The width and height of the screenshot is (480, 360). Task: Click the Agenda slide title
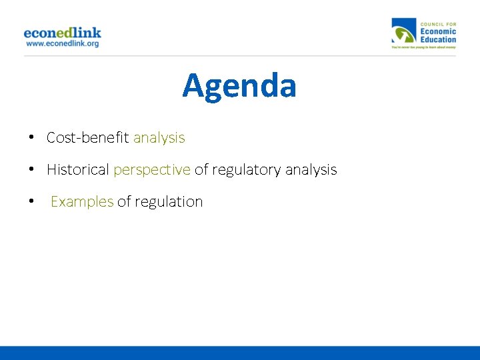click(x=239, y=86)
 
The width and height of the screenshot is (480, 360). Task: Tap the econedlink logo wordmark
click(x=62, y=33)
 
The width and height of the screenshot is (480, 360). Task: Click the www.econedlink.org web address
click(x=62, y=44)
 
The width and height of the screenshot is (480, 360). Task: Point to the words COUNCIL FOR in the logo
click(x=438, y=24)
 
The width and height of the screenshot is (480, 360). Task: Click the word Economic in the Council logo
click(x=438, y=31)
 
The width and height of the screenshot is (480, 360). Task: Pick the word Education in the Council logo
click(x=438, y=39)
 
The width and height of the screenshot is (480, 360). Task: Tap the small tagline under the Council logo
click(x=423, y=48)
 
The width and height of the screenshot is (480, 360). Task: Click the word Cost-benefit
click(x=88, y=138)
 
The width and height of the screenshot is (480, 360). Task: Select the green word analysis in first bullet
click(x=159, y=138)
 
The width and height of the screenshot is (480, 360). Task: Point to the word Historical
click(x=77, y=170)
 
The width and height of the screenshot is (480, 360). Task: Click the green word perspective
click(x=152, y=171)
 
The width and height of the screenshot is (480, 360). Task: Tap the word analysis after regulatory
click(x=311, y=171)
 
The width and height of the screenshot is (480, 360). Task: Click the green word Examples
click(x=82, y=202)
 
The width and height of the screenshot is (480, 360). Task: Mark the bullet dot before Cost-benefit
click(x=32, y=138)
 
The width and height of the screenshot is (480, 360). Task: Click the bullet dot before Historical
click(x=32, y=170)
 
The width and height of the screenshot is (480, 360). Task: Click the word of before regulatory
click(x=201, y=170)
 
